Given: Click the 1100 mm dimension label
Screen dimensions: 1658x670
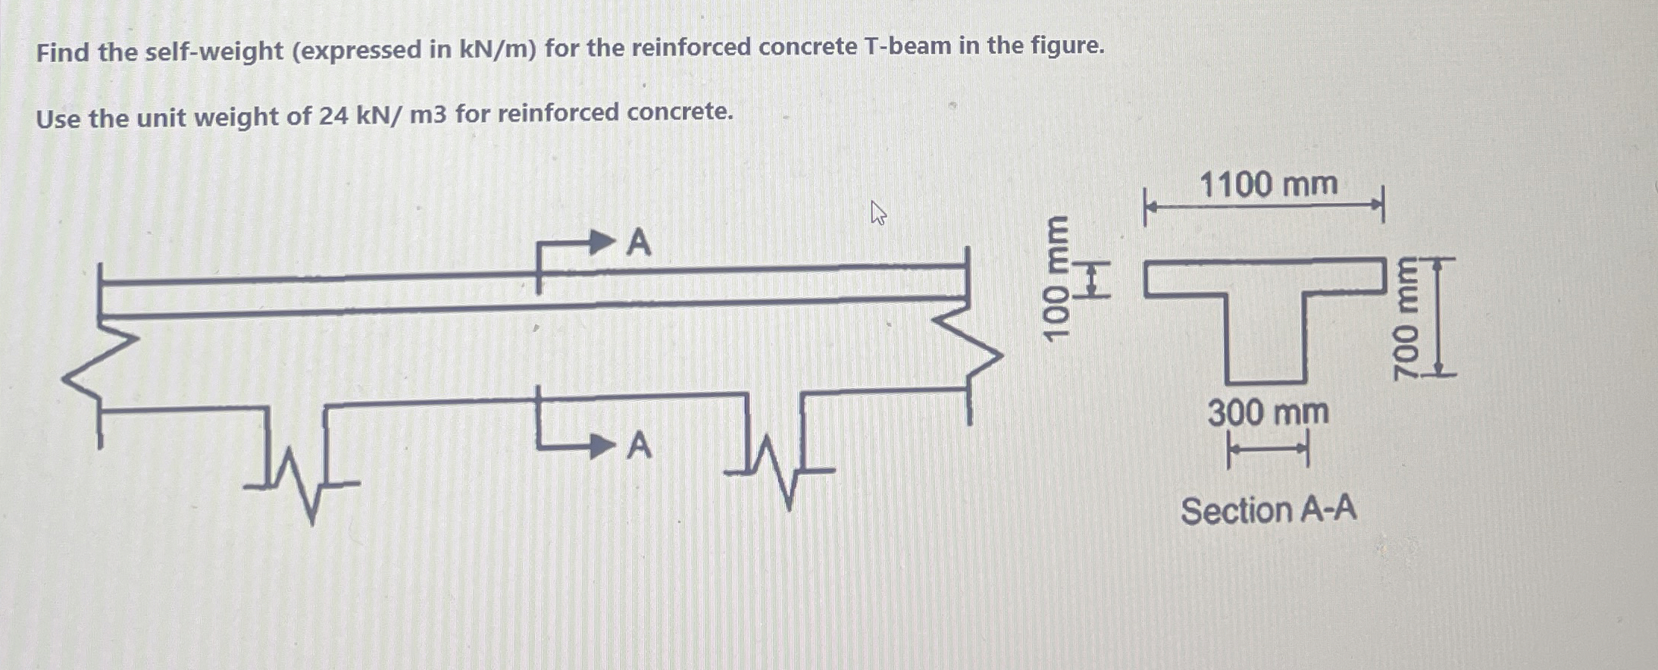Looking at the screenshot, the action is (x=1269, y=184).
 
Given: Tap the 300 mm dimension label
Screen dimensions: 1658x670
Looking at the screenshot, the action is (x=1268, y=413).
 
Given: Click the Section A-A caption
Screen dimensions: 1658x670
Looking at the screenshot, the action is (x=1269, y=510).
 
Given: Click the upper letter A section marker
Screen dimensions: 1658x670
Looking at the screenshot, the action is (x=639, y=243).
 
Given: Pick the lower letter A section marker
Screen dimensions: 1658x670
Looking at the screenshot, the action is (x=639, y=446).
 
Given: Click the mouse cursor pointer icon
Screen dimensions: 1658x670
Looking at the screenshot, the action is (x=877, y=213).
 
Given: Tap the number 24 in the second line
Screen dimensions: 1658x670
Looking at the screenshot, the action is (x=333, y=116).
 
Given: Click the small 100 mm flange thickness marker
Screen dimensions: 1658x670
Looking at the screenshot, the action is (x=1092, y=279).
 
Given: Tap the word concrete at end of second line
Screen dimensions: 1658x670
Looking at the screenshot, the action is (x=680, y=112).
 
